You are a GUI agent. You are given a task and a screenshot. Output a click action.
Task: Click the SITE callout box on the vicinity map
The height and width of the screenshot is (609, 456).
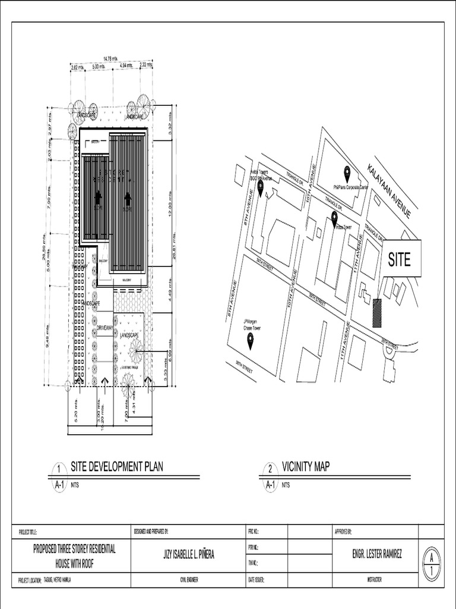click(x=401, y=259)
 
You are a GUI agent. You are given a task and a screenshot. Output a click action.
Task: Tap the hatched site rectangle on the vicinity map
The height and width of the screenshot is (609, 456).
click(x=377, y=313)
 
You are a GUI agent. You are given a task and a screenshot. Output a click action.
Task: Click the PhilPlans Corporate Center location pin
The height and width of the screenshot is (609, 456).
click(x=347, y=174)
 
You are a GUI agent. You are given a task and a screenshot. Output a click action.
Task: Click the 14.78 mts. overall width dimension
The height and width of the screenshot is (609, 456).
click(x=110, y=58)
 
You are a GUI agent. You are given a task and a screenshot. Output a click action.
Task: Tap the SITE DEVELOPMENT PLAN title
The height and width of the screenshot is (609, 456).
click(x=116, y=467)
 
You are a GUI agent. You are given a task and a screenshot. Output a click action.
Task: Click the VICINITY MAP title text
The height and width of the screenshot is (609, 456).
click(x=305, y=467)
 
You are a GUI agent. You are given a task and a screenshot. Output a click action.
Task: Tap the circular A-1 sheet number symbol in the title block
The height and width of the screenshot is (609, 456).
click(x=431, y=563)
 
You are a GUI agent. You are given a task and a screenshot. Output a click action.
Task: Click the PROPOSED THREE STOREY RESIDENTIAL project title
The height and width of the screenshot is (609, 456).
click(x=74, y=549)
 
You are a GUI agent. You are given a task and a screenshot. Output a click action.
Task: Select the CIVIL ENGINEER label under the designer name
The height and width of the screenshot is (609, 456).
click(x=188, y=579)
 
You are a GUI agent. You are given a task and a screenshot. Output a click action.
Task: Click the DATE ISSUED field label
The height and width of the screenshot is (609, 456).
click(x=256, y=579)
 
